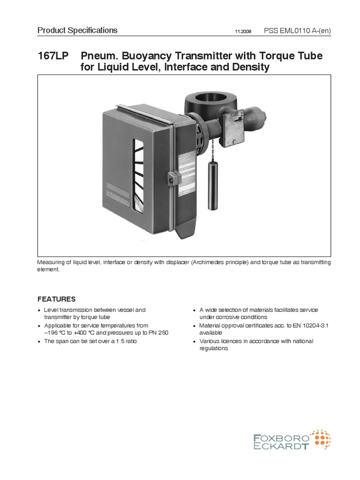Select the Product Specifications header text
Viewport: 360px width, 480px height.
(77, 30)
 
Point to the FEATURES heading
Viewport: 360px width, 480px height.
(56, 299)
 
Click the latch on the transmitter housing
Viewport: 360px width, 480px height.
(171, 178)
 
